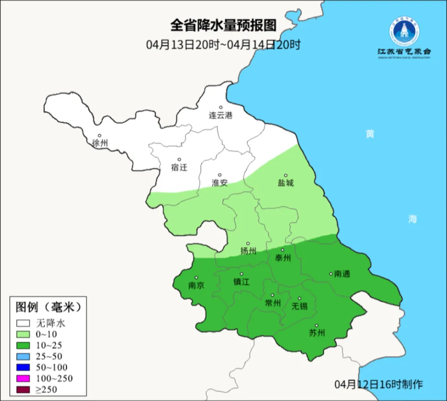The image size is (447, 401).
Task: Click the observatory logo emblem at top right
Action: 404,32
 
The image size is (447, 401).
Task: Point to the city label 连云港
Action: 221,115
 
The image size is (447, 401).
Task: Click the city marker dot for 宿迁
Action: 179,160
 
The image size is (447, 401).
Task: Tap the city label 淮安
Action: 219,183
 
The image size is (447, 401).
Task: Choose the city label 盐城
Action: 286,183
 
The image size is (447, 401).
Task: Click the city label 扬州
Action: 248,251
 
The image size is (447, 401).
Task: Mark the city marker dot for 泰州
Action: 283,250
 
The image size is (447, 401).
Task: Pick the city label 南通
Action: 342,274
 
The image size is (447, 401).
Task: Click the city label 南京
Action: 196,285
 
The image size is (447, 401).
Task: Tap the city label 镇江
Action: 241,282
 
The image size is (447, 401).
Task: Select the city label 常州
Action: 273,303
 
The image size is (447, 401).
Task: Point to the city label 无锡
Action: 299,306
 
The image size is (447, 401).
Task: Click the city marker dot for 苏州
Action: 316,325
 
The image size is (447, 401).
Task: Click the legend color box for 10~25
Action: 23,345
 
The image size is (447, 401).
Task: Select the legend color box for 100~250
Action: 23,379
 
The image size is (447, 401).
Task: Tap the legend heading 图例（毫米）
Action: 48,307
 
